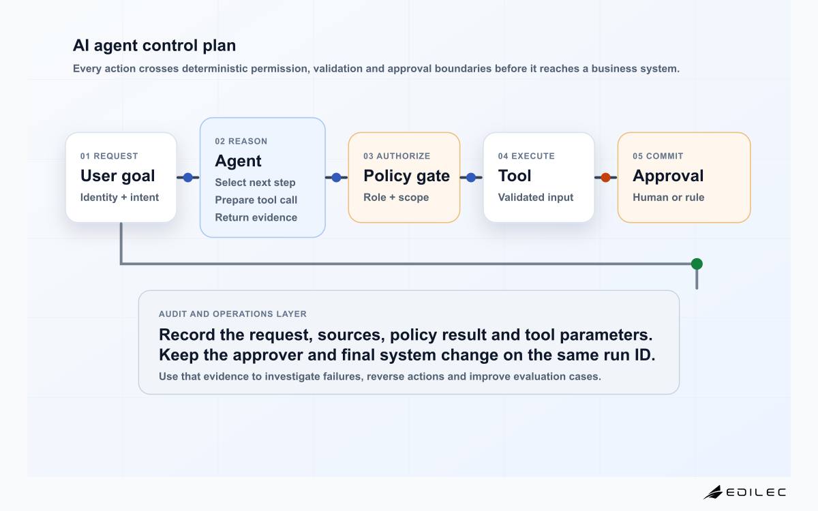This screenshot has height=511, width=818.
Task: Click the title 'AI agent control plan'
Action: [x=154, y=46]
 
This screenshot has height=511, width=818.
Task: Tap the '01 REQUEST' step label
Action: [x=109, y=156]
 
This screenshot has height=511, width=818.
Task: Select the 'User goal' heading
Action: [x=117, y=176]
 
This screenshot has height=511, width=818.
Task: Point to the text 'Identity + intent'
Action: [x=119, y=198]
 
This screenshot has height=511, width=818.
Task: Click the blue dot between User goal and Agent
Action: [x=187, y=178]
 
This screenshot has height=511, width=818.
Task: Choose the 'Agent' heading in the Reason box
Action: [x=238, y=161]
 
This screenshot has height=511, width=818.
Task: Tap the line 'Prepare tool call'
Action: [x=256, y=200]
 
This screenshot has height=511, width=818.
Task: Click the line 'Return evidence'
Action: [x=256, y=217]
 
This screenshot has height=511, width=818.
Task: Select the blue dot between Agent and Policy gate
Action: [x=336, y=178]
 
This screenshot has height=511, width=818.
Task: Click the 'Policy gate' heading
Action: [x=406, y=176]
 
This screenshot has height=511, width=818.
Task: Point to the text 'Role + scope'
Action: [x=396, y=198]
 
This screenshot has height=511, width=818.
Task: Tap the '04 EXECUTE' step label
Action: [x=526, y=156]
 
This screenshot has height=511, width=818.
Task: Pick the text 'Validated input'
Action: [x=535, y=198]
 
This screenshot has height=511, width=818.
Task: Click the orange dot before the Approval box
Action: [x=605, y=178]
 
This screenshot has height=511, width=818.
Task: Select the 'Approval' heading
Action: [x=668, y=176]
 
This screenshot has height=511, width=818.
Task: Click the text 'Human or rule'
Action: [x=668, y=198]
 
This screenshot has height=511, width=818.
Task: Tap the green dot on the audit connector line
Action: [x=697, y=264]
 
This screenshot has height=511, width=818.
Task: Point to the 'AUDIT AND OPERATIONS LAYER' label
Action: [x=232, y=314]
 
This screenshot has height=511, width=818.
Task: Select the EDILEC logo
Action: [x=745, y=493]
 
